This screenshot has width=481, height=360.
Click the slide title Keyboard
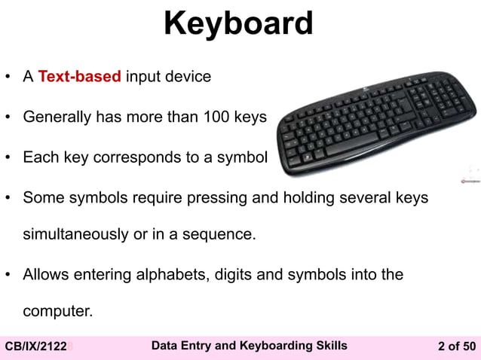click(238, 24)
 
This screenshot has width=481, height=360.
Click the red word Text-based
click(80, 77)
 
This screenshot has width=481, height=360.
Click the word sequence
click(221, 234)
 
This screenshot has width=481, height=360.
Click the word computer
click(57, 311)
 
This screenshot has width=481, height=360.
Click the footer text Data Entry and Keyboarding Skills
click(250, 346)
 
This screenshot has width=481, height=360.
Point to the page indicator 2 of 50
click(457, 346)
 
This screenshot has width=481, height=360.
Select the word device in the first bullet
click(188, 77)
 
